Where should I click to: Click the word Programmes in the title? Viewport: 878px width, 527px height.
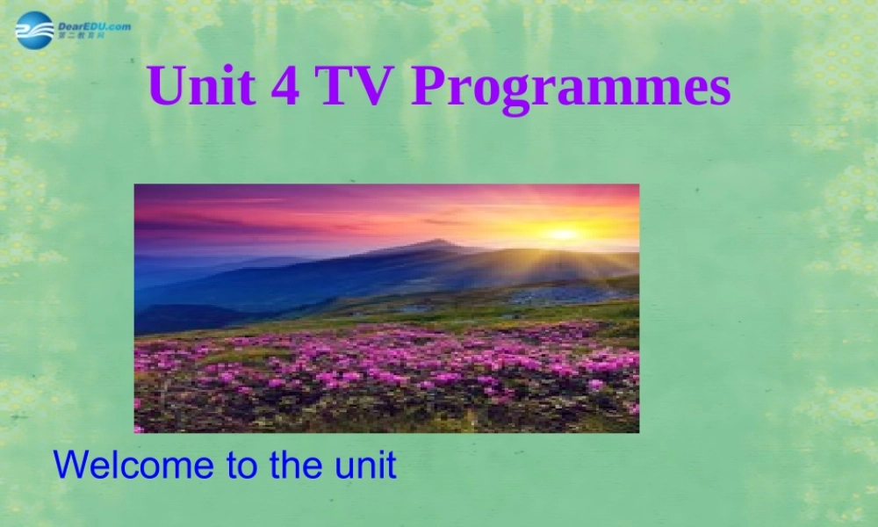pos(572,88)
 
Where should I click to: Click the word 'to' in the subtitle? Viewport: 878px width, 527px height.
pos(241,464)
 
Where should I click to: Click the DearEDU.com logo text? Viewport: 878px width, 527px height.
pos(94,25)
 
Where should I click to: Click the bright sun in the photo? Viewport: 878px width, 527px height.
pos(563,234)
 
